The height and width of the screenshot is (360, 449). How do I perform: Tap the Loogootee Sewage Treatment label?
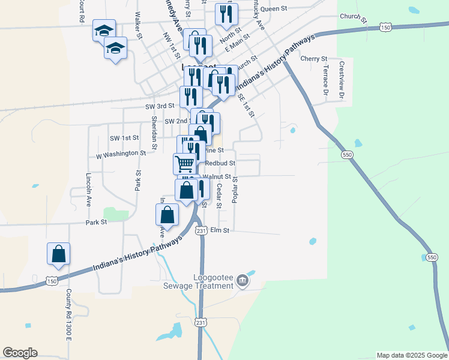click(213, 281)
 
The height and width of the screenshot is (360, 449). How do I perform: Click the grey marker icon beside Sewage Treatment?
click(242, 280)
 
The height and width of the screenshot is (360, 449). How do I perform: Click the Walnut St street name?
click(217, 176)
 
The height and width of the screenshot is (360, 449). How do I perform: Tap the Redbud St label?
click(220, 163)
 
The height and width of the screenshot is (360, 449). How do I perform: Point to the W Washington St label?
click(121, 154)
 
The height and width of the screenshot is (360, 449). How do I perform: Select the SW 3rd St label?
click(160, 106)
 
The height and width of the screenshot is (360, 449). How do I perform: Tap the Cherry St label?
click(313, 59)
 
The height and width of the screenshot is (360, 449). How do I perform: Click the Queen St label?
click(274, 9)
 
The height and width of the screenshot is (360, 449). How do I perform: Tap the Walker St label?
click(139, 25)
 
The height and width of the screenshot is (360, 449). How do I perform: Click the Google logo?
click(20, 353)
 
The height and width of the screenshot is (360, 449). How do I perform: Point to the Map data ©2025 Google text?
click(411, 355)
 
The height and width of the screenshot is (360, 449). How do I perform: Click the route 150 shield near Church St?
click(385, 28)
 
